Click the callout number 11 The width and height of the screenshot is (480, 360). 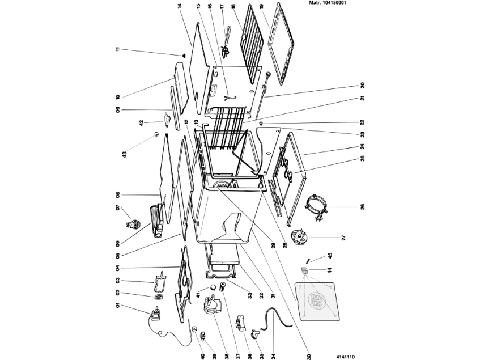coord(118,49)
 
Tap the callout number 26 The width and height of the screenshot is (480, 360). coord(363,207)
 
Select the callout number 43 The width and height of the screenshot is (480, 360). coord(124,155)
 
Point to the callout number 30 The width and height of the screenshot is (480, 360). coord(309,357)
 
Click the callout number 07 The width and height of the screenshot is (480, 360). coord(118,207)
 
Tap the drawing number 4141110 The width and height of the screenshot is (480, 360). coord(346,357)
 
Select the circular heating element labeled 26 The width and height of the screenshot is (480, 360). coord(317,207)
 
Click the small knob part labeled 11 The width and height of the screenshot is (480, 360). coord(184,55)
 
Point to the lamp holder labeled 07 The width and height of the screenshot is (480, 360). coord(132,223)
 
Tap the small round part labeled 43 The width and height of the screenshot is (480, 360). coord(156,134)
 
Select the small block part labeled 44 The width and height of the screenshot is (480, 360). coord(304,270)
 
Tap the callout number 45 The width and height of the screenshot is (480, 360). coord(330,255)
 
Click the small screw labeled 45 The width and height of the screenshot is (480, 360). coord(308,260)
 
